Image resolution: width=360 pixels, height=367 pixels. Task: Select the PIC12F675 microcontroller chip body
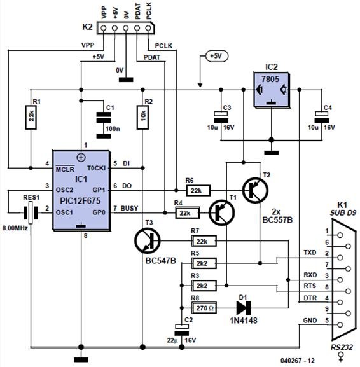click(x=81, y=189)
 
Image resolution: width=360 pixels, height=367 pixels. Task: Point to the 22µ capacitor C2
click(x=182, y=329)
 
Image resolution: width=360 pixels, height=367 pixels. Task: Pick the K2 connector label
click(x=87, y=27)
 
